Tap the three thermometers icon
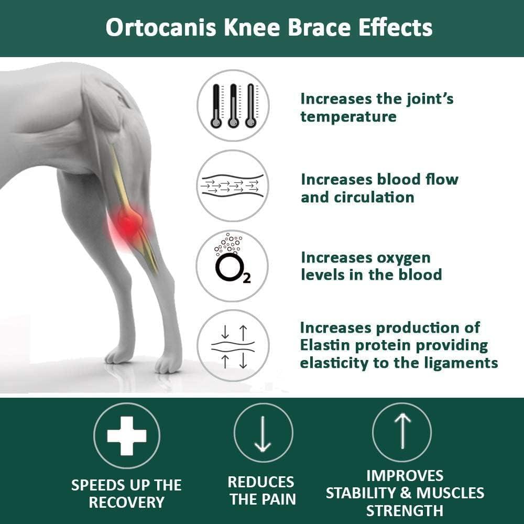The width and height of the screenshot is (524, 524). (x=233, y=105)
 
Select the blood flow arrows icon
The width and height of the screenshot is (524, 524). (x=233, y=185)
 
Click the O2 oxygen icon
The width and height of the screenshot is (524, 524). (x=232, y=266)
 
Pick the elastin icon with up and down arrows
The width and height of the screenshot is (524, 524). (x=233, y=345)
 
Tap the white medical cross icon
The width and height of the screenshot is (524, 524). (x=127, y=435)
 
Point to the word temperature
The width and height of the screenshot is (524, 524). (x=348, y=116)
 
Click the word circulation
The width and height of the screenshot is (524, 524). (x=357, y=197)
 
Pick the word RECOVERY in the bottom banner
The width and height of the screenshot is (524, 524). (x=127, y=502)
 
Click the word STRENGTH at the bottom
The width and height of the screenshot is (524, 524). (x=405, y=510)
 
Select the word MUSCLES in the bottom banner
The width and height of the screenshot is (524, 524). (x=452, y=493)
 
